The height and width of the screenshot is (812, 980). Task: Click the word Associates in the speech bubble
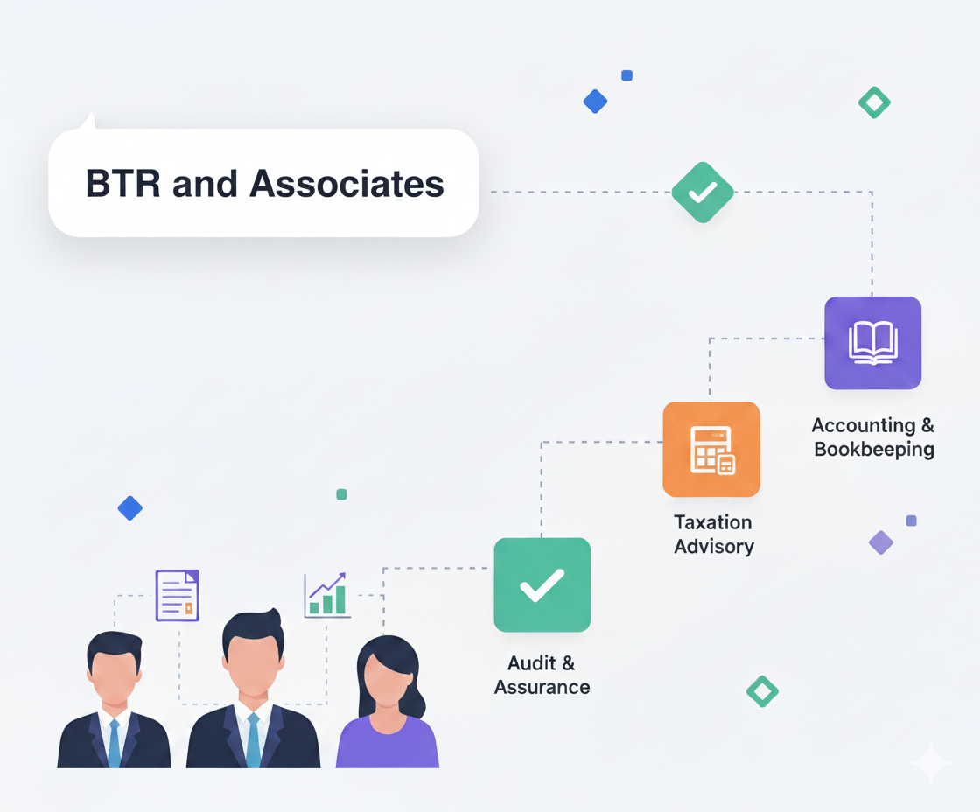pos(347,185)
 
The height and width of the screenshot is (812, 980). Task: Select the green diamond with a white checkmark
pos(702,192)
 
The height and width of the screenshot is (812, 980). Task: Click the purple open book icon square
pos(872,342)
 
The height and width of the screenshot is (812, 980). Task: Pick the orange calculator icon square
pos(711,449)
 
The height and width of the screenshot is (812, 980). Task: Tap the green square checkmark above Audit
pos(542,584)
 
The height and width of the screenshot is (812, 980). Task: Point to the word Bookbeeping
pos(873,450)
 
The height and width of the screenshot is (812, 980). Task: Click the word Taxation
pos(712,522)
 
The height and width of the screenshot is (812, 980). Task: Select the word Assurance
pos(542,687)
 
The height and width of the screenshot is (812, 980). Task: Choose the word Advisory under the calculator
pos(713,547)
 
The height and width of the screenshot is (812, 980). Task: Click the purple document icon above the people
pos(177,595)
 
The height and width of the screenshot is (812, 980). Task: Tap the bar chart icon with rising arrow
pos(326,596)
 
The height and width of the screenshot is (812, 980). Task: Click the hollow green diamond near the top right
pos(874,103)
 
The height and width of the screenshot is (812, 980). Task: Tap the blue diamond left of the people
pos(130,508)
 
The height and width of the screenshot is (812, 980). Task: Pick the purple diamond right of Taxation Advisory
pos(880,542)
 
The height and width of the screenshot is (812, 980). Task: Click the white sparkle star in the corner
pos(930,763)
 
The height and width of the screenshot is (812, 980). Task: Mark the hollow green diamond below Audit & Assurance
pos(762,691)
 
